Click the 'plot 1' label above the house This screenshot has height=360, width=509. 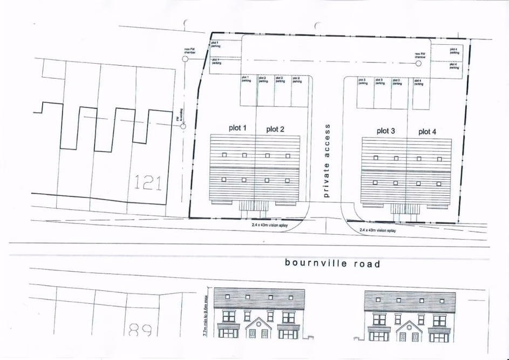[x=237, y=128]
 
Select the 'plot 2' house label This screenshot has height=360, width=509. [x=275, y=129]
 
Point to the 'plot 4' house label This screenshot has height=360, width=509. [x=427, y=131]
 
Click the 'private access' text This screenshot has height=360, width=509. [x=326, y=160]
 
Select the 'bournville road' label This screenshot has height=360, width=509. [x=332, y=264]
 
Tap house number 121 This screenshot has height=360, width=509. [x=148, y=184]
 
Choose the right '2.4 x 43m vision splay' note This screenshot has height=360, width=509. [x=378, y=230]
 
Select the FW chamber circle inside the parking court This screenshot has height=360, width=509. [x=418, y=63]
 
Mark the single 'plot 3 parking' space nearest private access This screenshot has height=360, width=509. [x=363, y=82]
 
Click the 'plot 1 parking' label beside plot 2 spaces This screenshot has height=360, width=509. [x=246, y=79]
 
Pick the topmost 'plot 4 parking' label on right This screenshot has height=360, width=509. [x=454, y=51]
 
